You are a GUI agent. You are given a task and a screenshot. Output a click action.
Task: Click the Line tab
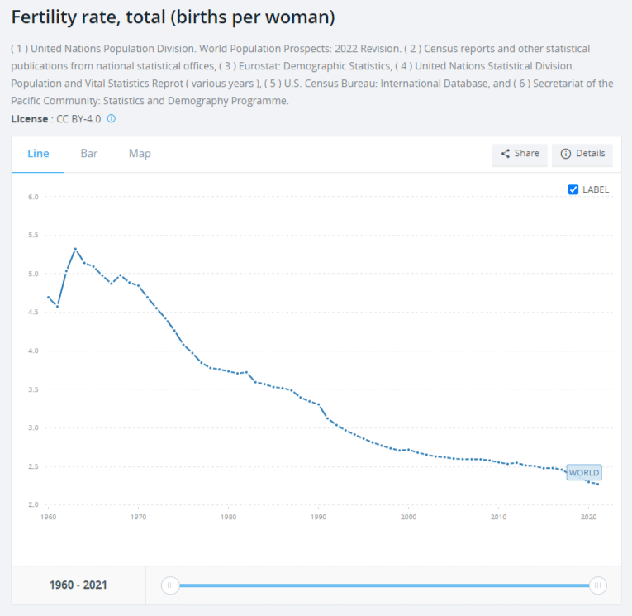click(x=38, y=154)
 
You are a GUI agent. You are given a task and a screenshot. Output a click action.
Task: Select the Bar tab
click(x=89, y=154)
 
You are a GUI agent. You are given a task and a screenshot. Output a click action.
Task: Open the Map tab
click(x=140, y=154)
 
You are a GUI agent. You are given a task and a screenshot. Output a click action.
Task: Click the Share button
click(x=519, y=154)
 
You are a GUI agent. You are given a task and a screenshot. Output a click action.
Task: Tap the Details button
click(x=582, y=154)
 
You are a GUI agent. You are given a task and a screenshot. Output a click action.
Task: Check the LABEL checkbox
click(x=573, y=189)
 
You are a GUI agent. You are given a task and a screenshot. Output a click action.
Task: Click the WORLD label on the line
click(x=583, y=473)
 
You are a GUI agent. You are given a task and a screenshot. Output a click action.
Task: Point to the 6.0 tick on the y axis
click(x=34, y=197)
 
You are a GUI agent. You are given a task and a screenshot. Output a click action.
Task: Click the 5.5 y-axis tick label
click(x=34, y=236)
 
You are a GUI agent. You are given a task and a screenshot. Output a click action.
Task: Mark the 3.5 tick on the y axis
click(x=34, y=389)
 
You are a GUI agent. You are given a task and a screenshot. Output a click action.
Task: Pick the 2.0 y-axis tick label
click(x=34, y=505)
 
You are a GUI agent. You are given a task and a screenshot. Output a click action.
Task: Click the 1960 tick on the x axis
click(x=48, y=518)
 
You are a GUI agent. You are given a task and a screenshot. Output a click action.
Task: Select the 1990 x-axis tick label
click(x=318, y=518)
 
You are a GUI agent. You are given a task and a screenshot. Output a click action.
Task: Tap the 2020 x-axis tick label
click(x=588, y=518)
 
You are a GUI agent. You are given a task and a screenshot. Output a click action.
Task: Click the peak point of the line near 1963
click(x=75, y=249)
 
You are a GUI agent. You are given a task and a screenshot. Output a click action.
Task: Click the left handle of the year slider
click(x=170, y=585)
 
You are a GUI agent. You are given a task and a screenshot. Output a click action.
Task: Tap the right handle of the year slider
click(x=597, y=585)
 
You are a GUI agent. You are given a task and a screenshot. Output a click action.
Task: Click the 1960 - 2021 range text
click(x=78, y=585)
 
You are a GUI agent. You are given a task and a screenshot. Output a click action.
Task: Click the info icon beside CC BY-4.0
click(x=112, y=119)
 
